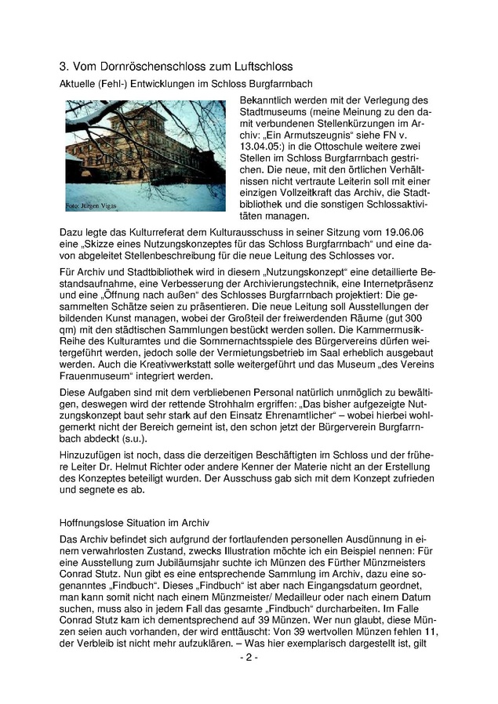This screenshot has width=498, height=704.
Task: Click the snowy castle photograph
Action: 145,156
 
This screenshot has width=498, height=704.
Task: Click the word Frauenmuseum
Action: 97,394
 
